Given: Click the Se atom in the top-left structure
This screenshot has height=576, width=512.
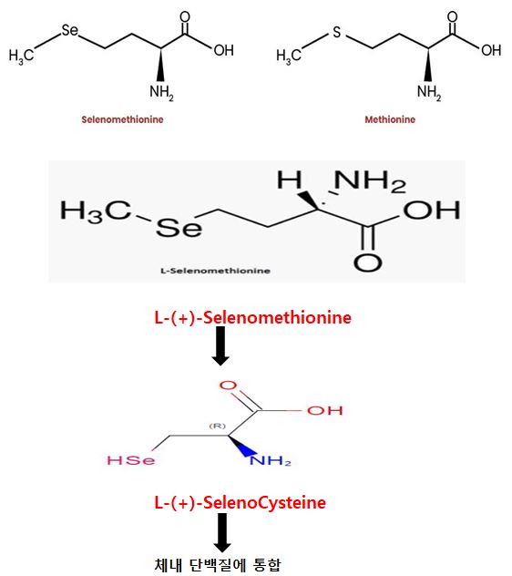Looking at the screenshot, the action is point(70,30).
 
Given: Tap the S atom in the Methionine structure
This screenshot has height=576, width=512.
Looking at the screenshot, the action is point(337,32).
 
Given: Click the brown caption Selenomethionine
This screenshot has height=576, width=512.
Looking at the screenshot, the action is point(122,119).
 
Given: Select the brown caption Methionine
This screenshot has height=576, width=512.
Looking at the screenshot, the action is point(390,119).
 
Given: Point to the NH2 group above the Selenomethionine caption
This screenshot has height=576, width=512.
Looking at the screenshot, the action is point(161,93).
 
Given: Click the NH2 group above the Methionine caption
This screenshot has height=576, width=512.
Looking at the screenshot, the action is point(429,93).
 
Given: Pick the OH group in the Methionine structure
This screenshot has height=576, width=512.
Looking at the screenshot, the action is point(491,50).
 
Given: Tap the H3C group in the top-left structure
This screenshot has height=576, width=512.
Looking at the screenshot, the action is point(21,56).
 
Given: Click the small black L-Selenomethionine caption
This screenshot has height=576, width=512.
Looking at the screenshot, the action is point(215,271).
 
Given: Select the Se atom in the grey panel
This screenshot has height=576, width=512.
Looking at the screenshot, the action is point(179,228).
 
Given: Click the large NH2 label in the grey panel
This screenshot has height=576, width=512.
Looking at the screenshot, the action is point(370,182).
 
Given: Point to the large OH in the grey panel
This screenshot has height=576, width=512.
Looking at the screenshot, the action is point(432,210).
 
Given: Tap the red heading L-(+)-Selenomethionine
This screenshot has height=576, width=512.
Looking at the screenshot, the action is point(252,317).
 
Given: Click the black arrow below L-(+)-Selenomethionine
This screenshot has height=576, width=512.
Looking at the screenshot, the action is point(220,345).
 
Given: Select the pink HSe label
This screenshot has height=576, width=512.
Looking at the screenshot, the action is point(131,460).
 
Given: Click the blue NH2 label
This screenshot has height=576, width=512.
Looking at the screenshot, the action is point(271,460).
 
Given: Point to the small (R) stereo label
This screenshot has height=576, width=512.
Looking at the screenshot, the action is point(218,427).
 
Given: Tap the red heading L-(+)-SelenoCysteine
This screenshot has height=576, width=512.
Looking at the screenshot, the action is point(241,502).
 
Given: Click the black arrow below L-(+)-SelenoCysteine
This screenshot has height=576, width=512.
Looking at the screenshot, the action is point(222,532).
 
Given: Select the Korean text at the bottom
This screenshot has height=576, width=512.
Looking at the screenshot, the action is point(218,565).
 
